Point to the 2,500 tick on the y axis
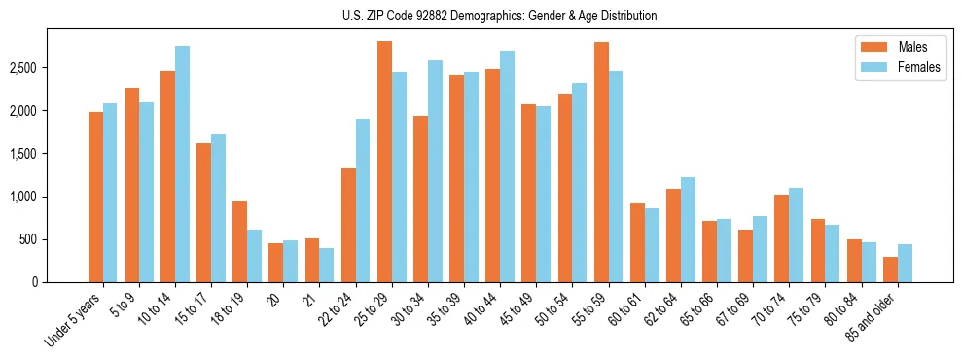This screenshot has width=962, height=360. click(x=23, y=68)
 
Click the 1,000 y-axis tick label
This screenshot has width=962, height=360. click(x=23, y=197)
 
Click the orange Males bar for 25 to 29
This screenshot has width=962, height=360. click(x=384, y=162)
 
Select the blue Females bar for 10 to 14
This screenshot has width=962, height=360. click(x=183, y=163)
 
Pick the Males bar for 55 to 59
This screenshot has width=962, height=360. click(x=601, y=162)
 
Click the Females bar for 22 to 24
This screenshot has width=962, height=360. click(x=363, y=200)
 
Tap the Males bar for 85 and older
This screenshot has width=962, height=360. click(x=890, y=270)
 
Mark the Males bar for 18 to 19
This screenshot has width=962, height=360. click(x=240, y=241)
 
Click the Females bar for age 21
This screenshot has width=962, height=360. click(x=327, y=265)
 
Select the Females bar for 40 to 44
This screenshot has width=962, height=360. click(x=507, y=166)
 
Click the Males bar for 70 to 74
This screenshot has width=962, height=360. click(x=781, y=238)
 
